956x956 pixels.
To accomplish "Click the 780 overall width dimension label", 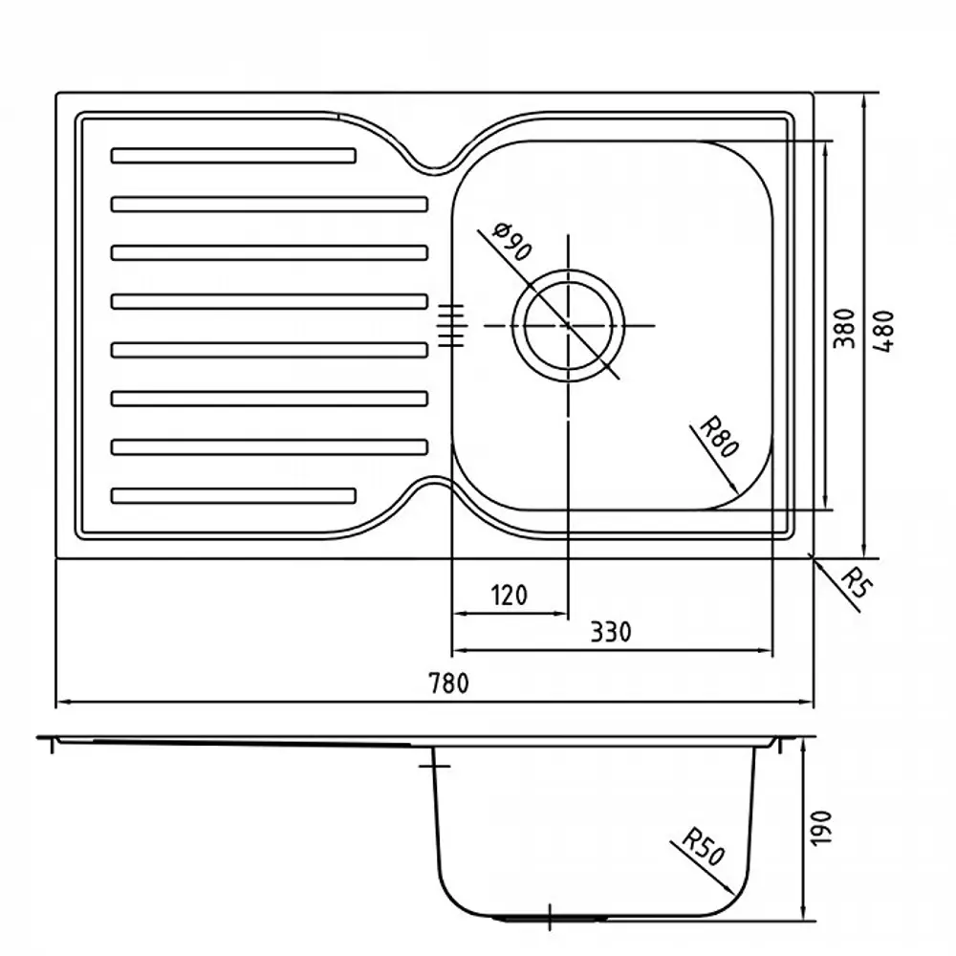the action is click(x=449, y=684).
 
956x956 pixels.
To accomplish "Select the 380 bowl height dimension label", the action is click(x=844, y=329).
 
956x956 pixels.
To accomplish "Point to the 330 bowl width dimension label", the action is click(x=611, y=632).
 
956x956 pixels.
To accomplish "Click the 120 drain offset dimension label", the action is click(x=510, y=595).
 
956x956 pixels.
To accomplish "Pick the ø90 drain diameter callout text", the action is click(x=512, y=242).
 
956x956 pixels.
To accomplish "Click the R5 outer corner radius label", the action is click(x=858, y=583).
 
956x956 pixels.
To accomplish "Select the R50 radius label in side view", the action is click(x=703, y=846).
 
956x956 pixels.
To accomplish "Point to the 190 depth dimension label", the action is click(x=821, y=827).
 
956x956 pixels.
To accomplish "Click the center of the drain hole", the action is click(x=568, y=326).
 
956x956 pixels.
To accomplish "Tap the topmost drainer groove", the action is click(x=233, y=156).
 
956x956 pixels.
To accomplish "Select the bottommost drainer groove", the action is click(x=233, y=495).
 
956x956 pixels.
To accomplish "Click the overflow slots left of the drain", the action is click(x=451, y=326).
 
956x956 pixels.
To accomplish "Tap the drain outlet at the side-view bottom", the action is click(x=550, y=917).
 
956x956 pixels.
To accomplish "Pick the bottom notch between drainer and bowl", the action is click(x=435, y=483).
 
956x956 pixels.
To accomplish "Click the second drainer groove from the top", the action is click(x=269, y=205).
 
